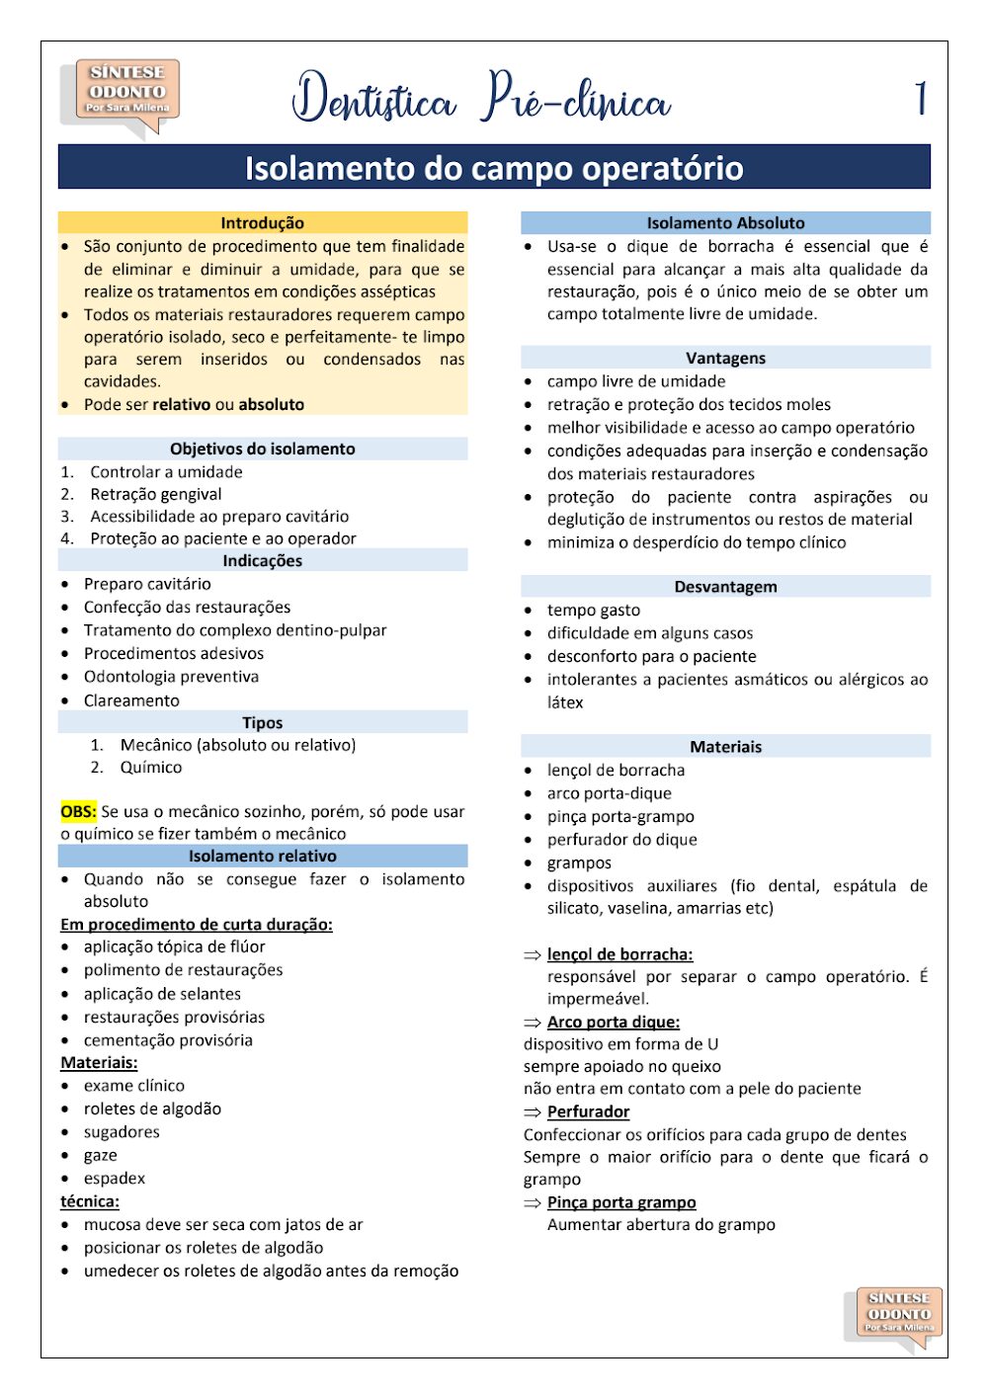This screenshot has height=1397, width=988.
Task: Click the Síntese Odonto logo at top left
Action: point(121,95)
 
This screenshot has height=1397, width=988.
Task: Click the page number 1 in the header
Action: point(920,99)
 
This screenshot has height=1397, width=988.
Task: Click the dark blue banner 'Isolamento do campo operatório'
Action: point(494,167)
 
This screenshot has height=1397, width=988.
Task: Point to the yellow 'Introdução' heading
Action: point(262,222)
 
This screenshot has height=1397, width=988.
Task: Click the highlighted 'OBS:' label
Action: point(78,811)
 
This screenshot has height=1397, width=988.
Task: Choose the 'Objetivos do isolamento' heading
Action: point(262,449)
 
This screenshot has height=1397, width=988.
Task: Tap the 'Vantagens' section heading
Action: point(725,358)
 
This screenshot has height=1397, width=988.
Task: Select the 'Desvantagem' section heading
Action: point(725,586)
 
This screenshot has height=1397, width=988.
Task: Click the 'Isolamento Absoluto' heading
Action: point(725,222)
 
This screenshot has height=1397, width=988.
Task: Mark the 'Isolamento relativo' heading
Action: point(262,856)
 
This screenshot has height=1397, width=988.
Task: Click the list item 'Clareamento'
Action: point(131,700)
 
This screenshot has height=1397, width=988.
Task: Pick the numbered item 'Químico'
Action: point(151,768)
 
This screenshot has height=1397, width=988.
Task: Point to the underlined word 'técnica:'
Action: point(90,1201)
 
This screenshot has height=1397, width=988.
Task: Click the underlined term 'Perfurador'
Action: point(588,1111)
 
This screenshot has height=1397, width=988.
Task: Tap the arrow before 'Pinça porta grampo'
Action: point(533,1202)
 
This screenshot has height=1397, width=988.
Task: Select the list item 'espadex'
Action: point(115,1179)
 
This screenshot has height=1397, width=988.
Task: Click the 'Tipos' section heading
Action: point(262,722)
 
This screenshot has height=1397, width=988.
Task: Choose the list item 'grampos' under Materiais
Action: point(579,863)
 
